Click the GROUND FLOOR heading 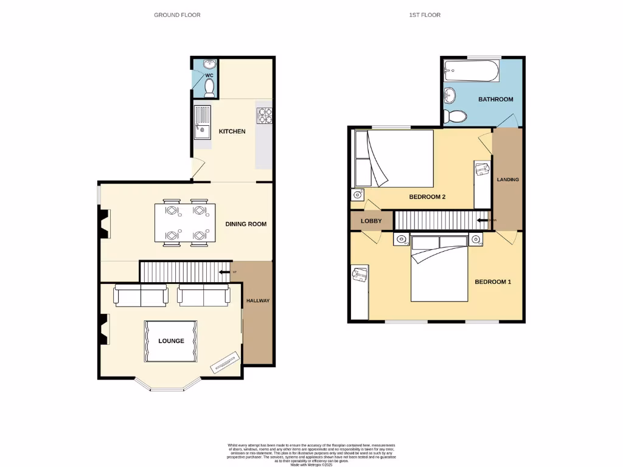[x=177, y=15]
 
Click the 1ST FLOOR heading [x=425, y=15]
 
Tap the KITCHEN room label [x=232, y=131]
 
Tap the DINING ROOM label [x=246, y=224]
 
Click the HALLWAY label [x=257, y=300]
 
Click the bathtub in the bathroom [x=472, y=71]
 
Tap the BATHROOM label [x=495, y=99]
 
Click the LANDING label [x=507, y=179]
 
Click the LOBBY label [x=371, y=221]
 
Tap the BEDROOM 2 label [x=427, y=196]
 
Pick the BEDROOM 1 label [x=493, y=282]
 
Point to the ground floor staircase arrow [x=224, y=272]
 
